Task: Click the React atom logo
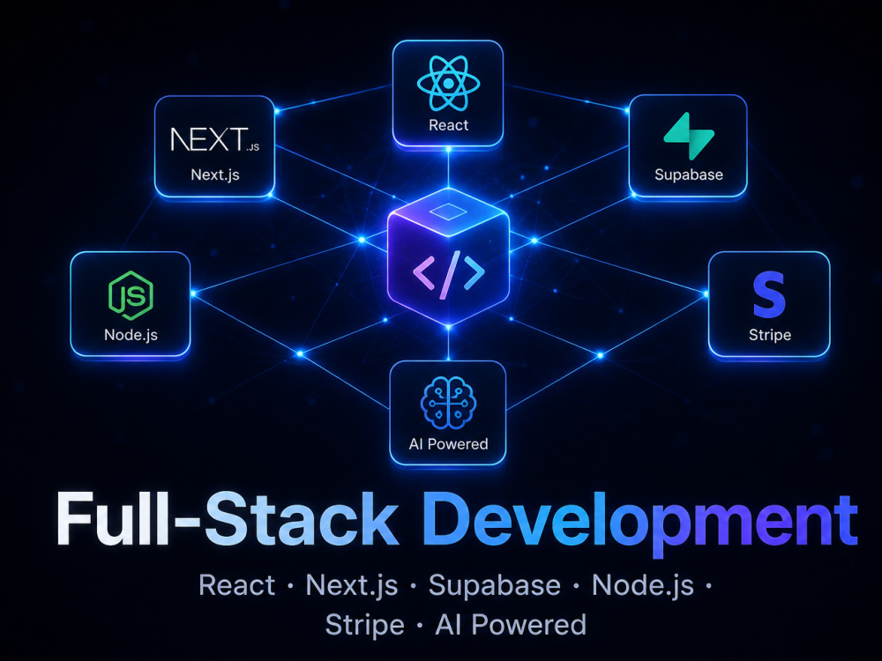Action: (x=448, y=83)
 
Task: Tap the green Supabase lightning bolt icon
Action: (x=689, y=136)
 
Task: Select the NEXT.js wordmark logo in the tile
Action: (x=215, y=139)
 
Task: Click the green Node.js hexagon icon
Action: (x=131, y=295)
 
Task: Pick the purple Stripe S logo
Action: (x=769, y=294)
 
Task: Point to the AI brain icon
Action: (x=448, y=403)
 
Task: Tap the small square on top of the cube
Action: (x=448, y=212)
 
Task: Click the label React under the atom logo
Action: (x=448, y=125)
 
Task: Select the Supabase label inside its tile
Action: (x=689, y=175)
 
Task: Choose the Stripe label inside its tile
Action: (x=769, y=335)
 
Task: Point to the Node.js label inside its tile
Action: (x=131, y=335)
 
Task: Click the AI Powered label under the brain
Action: (x=448, y=444)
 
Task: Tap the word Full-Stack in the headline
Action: (x=228, y=518)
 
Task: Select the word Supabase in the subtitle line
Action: (x=495, y=585)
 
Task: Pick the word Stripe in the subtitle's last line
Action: (x=364, y=626)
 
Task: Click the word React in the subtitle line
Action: (x=236, y=585)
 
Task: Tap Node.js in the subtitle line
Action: (x=642, y=586)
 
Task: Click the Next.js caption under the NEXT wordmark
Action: (x=215, y=175)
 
